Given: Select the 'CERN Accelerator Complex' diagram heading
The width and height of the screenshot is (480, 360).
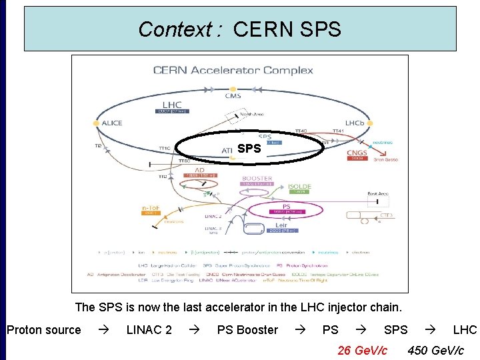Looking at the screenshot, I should click(x=233, y=70).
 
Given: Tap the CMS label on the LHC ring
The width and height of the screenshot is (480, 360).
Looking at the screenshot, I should click(x=233, y=96).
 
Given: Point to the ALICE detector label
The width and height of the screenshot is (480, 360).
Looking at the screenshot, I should click(x=111, y=123).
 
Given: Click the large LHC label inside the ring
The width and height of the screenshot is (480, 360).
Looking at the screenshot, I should click(x=171, y=105).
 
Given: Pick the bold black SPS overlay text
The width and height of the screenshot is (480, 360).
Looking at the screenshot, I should click(x=249, y=149).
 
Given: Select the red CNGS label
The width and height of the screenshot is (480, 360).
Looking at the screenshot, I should click(x=357, y=153).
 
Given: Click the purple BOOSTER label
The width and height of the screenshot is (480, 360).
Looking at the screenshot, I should click(x=257, y=179).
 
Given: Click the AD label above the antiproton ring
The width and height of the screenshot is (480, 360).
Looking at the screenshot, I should click(x=199, y=170).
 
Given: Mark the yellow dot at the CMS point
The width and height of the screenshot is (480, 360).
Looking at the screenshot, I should click(x=233, y=88).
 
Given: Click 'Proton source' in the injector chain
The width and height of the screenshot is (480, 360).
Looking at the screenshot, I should click(x=44, y=330).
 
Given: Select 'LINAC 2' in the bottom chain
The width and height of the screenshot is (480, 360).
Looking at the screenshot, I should click(x=149, y=330).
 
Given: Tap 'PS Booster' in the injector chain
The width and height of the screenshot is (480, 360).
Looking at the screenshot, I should click(x=247, y=330).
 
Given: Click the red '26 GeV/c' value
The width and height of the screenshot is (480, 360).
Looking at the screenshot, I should click(x=362, y=350).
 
